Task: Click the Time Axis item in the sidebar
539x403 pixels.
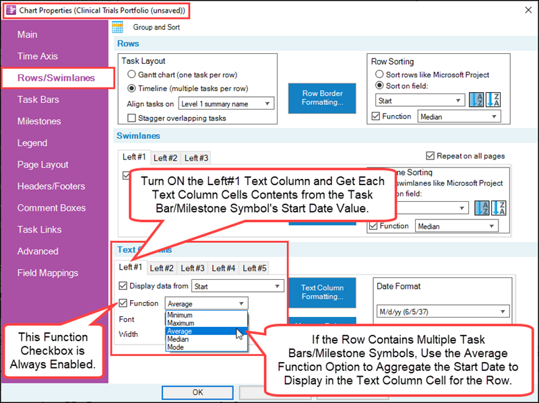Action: [38, 57]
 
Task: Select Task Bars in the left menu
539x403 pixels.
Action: [38, 100]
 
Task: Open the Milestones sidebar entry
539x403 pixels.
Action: [39, 121]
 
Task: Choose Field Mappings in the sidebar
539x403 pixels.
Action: [48, 272]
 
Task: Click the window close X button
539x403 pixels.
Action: [526, 11]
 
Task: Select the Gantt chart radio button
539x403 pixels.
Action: [132, 75]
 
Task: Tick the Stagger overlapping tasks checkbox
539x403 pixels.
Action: [132, 118]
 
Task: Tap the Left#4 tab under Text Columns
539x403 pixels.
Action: [224, 268]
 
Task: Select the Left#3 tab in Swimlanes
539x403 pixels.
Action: [196, 158]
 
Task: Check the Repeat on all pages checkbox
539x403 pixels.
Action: [431, 155]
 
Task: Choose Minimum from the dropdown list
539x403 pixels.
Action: [181, 315]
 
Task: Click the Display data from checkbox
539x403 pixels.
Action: [123, 286]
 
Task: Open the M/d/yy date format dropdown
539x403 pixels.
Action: [441, 312]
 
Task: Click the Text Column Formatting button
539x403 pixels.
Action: [322, 292]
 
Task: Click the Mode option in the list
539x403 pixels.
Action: [176, 347]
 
